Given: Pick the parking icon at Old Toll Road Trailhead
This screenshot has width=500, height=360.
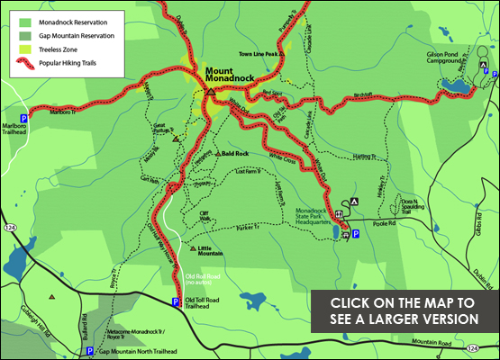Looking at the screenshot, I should point(176,301).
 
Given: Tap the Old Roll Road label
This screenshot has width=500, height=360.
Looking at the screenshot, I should point(202,275).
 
